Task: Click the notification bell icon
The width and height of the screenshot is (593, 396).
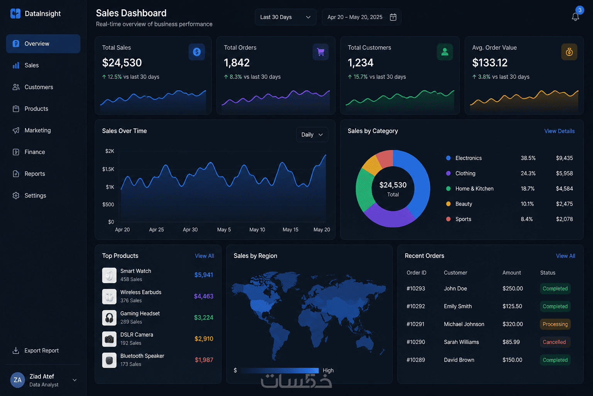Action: (x=575, y=17)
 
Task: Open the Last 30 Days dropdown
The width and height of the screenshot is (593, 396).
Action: (x=285, y=17)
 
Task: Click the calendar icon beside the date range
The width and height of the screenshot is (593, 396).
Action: (x=393, y=17)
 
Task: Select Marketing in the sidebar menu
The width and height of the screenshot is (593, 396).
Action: (x=37, y=130)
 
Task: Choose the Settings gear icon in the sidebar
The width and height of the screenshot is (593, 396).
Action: (x=16, y=195)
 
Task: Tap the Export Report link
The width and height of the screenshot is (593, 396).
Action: (x=42, y=350)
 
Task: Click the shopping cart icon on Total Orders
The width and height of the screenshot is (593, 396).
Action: (x=320, y=52)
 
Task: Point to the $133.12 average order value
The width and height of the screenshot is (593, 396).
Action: (x=490, y=63)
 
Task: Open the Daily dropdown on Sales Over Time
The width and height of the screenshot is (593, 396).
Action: (x=312, y=135)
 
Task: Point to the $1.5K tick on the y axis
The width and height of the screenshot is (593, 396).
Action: (x=108, y=169)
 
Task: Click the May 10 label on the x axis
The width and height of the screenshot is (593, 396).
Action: (x=257, y=229)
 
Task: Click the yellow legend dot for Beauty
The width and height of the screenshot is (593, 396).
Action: (x=448, y=204)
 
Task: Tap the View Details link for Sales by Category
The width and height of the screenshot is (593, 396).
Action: (x=559, y=131)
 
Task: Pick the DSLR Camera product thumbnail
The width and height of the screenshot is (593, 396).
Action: (x=109, y=339)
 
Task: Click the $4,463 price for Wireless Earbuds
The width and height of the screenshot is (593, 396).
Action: (x=203, y=296)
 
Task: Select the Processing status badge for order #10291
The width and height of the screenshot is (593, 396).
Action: (x=555, y=324)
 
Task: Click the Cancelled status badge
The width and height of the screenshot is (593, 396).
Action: (x=554, y=342)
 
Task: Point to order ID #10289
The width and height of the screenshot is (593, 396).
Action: (x=416, y=360)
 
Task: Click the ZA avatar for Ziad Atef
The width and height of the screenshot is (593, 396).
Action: (x=17, y=380)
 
